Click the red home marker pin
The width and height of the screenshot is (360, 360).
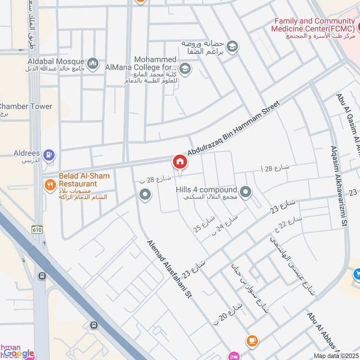click(180, 162)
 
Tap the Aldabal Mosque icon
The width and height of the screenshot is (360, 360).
click(93, 64)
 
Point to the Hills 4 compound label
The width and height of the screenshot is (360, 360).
click(206, 190)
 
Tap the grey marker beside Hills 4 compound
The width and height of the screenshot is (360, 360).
click(245, 193)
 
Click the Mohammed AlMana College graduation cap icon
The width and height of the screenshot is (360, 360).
click(184, 69)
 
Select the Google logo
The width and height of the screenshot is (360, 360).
click(19, 354)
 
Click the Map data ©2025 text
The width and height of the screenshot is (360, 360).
click(335, 355)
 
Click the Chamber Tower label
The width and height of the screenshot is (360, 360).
click(26, 107)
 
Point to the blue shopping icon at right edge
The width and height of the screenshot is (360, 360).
click(357, 273)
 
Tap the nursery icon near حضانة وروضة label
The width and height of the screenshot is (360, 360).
click(232, 46)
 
